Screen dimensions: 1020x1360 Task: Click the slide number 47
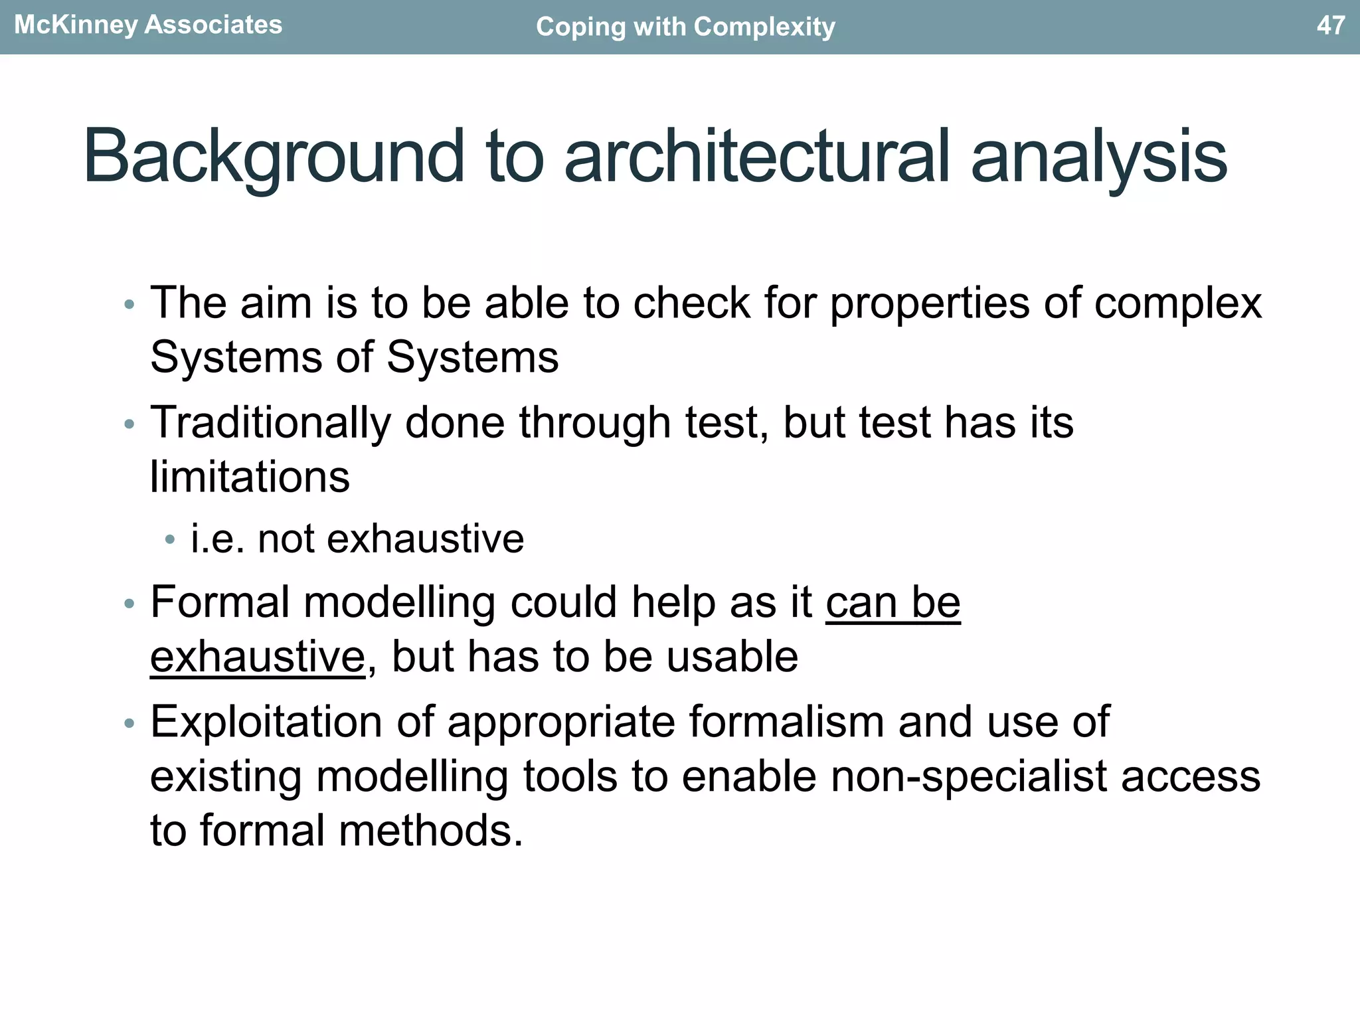pos(1330,25)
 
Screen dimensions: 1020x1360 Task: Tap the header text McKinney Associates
pos(148,25)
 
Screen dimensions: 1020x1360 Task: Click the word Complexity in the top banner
pos(764,27)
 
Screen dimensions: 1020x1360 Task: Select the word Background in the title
pos(273,157)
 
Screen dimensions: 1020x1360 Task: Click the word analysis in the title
pos(1098,157)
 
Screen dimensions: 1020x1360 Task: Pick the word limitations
pos(250,477)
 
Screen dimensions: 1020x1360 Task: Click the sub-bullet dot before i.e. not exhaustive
pos(170,540)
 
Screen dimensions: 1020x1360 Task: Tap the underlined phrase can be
pos(893,603)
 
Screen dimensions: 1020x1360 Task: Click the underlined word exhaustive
pos(258,657)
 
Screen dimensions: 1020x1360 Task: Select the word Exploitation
pos(266,722)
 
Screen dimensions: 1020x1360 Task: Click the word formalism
pos(786,722)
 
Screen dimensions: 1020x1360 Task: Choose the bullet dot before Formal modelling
pos(129,604)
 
